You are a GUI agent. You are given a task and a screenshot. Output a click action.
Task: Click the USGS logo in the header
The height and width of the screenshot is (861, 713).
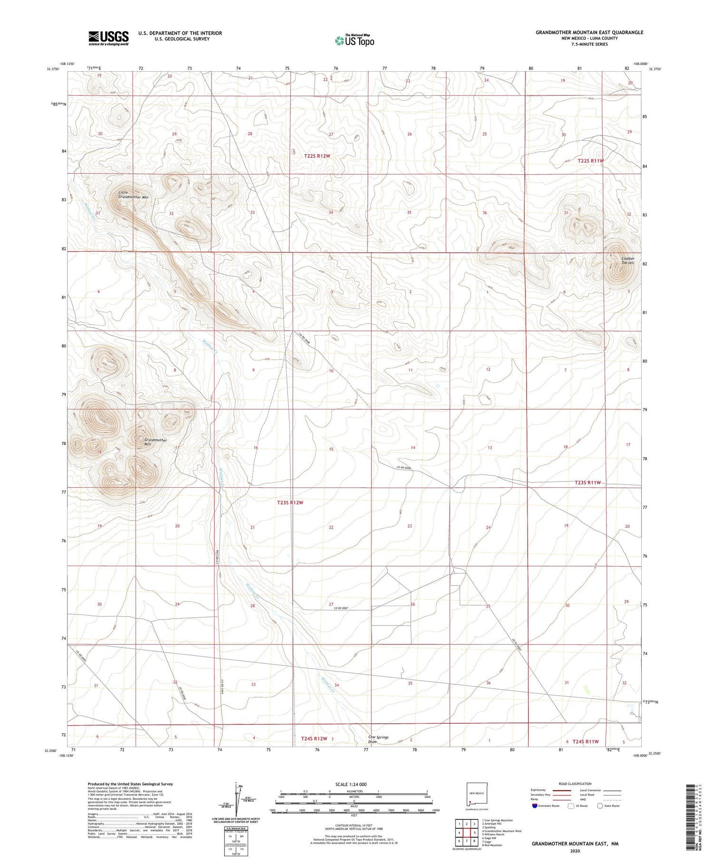[108, 38]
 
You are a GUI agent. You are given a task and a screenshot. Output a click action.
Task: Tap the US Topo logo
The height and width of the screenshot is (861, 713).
[354, 41]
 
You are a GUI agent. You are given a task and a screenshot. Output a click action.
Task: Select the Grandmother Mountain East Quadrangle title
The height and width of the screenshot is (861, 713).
[589, 32]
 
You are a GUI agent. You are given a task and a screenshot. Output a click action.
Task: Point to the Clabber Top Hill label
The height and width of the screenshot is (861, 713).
[628, 261]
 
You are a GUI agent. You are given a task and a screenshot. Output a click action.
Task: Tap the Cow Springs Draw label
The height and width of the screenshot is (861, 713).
[378, 739]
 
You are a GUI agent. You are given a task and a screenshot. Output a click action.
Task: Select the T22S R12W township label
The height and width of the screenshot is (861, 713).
[317, 156]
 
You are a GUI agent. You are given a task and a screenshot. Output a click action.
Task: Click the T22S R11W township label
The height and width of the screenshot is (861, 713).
[590, 161]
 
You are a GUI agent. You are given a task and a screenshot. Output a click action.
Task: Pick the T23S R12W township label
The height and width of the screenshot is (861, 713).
[290, 502]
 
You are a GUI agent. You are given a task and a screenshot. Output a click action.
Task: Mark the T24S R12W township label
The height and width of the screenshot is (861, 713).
[314, 738]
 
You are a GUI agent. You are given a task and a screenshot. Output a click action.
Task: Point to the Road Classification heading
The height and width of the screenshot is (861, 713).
[575, 784]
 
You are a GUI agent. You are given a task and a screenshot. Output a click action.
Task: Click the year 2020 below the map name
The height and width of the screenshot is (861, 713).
[575, 851]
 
